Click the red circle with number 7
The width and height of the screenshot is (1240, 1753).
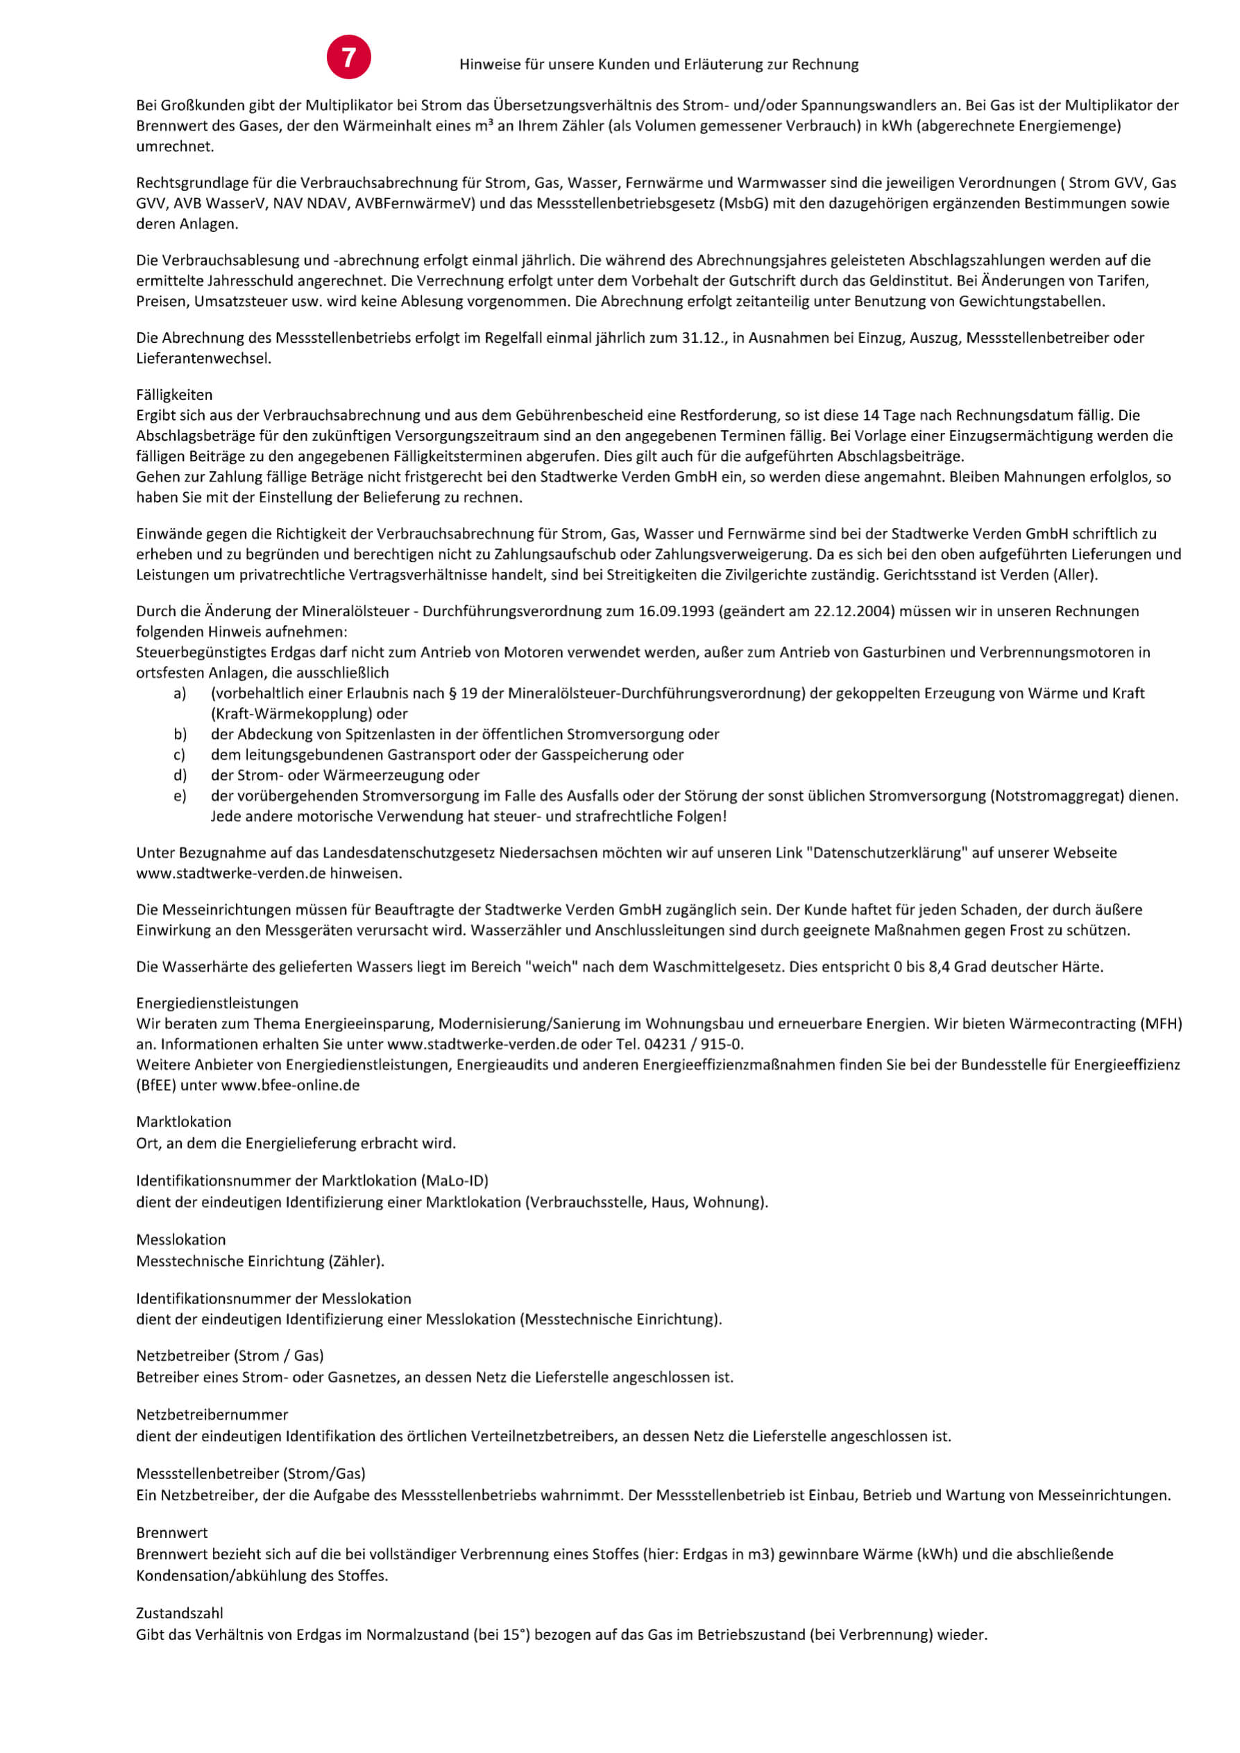pyautogui.click(x=348, y=58)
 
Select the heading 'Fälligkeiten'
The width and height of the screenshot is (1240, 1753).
pyautogui.click(x=174, y=395)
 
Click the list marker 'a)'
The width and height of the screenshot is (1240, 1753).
pyautogui.click(x=180, y=693)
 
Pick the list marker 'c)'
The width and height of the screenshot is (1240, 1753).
pyautogui.click(x=180, y=755)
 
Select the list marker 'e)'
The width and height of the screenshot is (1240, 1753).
pyautogui.click(x=180, y=796)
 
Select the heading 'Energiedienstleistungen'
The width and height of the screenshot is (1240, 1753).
pyautogui.click(x=217, y=1003)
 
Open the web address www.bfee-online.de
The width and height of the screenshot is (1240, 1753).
pyautogui.click(x=290, y=1085)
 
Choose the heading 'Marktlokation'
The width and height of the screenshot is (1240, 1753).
pyautogui.click(x=183, y=1121)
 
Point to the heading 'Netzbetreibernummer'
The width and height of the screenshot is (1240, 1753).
pyautogui.click(x=212, y=1415)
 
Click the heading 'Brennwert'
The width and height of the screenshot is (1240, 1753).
pyautogui.click(x=172, y=1532)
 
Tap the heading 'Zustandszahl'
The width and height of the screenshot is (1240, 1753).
pyautogui.click(x=180, y=1614)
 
